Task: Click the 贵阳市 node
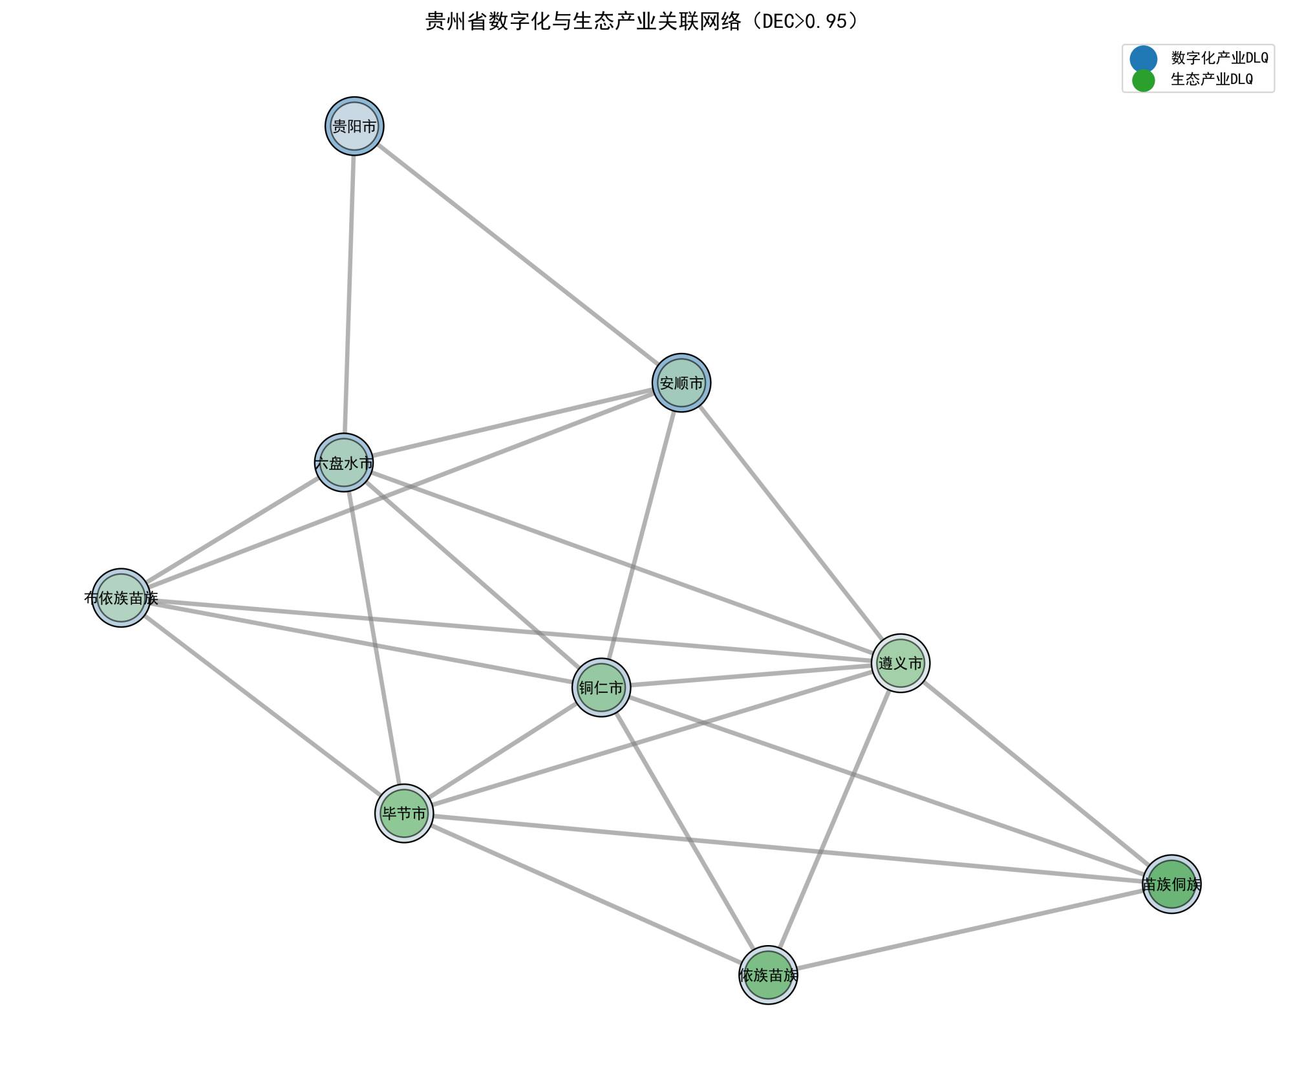(x=354, y=126)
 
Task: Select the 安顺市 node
(x=681, y=383)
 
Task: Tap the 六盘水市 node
(x=344, y=462)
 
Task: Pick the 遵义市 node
(x=901, y=663)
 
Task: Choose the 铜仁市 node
(x=601, y=687)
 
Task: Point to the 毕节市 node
(x=404, y=813)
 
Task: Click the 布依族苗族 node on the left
(x=121, y=598)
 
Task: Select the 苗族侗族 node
(x=1171, y=884)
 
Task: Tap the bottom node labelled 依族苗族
(x=768, y=975)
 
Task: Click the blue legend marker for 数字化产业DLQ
(x=1143, y=59)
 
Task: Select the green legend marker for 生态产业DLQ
(x=1143, y=80)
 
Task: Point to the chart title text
(x=643, y=22)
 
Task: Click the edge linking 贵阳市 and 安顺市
(x=517, y=254)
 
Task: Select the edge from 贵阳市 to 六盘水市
(x=349, y=294)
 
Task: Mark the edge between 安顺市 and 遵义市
(x=791, y=522)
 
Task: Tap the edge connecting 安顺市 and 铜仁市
(x=641, y=535)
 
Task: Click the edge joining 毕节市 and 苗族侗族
(x=787, y=848)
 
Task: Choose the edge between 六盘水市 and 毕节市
(x=374, y=637)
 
